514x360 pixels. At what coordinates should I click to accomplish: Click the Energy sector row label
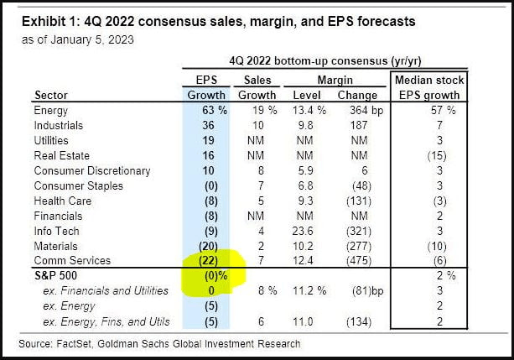(x=50, y=110)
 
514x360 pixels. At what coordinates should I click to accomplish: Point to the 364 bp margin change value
(x=354, y=110)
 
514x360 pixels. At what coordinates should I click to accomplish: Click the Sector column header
(x=50, y=95)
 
